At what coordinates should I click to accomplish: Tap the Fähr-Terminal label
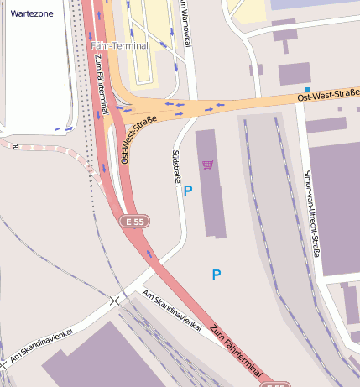click(x=119, y=45)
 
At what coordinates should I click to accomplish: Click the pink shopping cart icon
click(x=207, y=165)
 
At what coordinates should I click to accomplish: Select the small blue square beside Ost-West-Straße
click(x=307, y=90)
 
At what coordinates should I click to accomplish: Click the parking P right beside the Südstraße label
click(x=188, y=191)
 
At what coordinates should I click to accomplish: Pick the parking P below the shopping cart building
click(x=217, y=275)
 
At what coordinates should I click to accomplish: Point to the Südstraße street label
click(x=176, y=167)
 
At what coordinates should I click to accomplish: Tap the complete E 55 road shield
click(x=133, y=222)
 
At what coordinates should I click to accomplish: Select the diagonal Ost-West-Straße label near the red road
click(x=138, y=138)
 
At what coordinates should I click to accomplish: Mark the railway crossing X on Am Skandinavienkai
click(x=115, y=300)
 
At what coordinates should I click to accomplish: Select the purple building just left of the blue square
click(x=294, y=74)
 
